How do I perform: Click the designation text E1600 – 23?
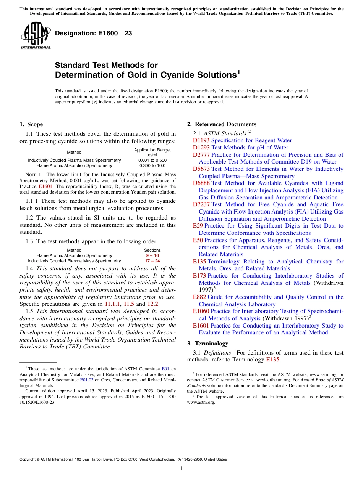tap(94, 34)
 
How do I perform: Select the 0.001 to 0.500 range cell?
tap(152, 160)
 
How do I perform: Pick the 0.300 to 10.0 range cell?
tap(152, 165)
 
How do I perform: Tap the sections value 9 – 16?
tap(152, 255)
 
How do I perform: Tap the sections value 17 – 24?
tap(152, 261)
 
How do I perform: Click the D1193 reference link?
tap(201, 140)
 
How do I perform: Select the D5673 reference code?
tap(201, 169)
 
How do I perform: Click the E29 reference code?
tap(198, 226)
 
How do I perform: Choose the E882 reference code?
tap(199, 297)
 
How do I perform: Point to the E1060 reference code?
tap(201, 311)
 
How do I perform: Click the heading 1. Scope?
tap(31, 124)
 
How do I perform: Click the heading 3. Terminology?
tap(207, 343)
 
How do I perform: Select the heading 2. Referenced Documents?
tap(222, 124)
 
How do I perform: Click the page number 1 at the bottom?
tap(181, 468)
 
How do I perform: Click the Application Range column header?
tap(152, 152)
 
